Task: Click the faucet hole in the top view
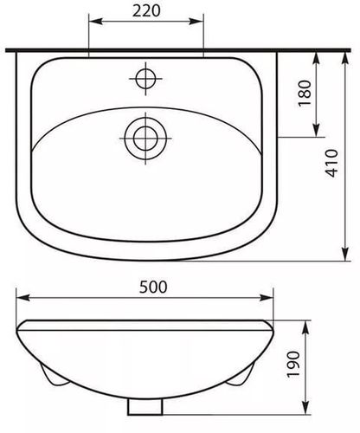tap(145, 79)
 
